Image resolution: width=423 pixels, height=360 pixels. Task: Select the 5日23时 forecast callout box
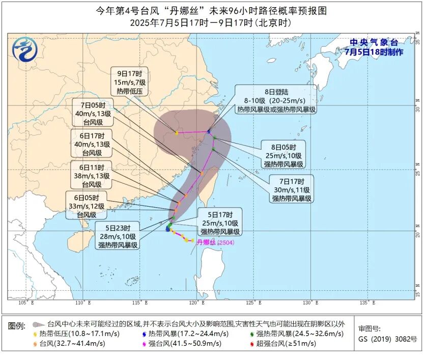(x=118, y=237)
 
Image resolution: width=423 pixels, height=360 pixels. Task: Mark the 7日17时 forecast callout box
(x=291, y=189)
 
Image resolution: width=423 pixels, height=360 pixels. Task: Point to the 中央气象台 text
(x=374, y=43)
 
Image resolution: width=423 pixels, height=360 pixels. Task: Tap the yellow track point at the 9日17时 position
(x=177, y=133)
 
